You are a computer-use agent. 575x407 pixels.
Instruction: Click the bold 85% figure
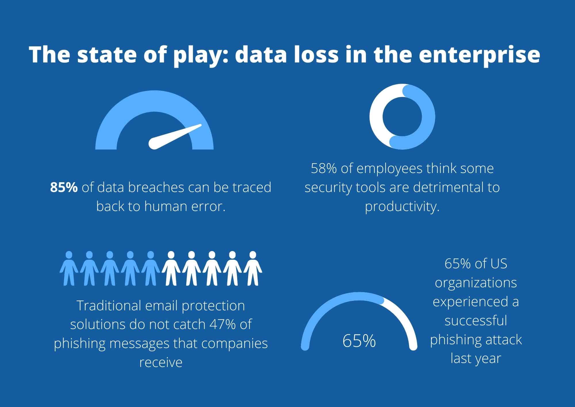(64, 187)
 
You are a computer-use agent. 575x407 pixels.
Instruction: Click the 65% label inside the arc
(359, 341)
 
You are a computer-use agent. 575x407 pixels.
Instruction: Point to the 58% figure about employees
(324, 168)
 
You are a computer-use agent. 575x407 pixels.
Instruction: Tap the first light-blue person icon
(69, 268)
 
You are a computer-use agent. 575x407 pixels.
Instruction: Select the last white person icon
(253, 268)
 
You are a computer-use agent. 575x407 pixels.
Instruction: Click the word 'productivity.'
(402, 206)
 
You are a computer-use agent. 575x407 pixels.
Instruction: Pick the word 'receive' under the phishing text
(161, 362)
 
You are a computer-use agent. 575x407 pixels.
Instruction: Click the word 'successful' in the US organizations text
(476, 320)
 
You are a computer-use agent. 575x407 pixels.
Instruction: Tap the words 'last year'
(476, 358)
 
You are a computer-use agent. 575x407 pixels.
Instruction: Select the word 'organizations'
(476, 283)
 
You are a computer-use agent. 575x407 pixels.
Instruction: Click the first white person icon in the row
(171, 268)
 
